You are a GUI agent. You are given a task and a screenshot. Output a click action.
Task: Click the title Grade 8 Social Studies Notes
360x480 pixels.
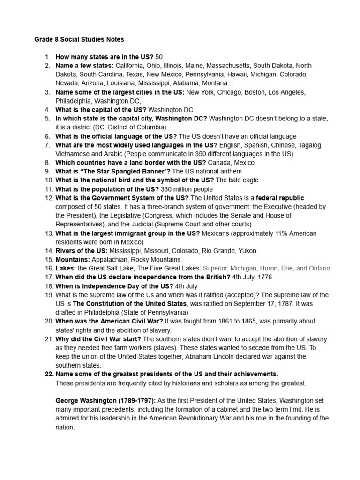(79, 39)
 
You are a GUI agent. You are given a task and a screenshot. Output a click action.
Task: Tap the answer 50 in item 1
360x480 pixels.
(159, 57)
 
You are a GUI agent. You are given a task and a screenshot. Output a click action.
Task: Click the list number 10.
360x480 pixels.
(48, 180)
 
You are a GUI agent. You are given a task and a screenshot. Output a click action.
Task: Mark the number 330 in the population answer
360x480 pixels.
(167, 189)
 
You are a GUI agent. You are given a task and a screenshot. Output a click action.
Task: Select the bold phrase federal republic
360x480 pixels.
(280, 198)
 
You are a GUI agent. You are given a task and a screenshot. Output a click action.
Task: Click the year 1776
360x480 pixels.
(263, 277)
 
